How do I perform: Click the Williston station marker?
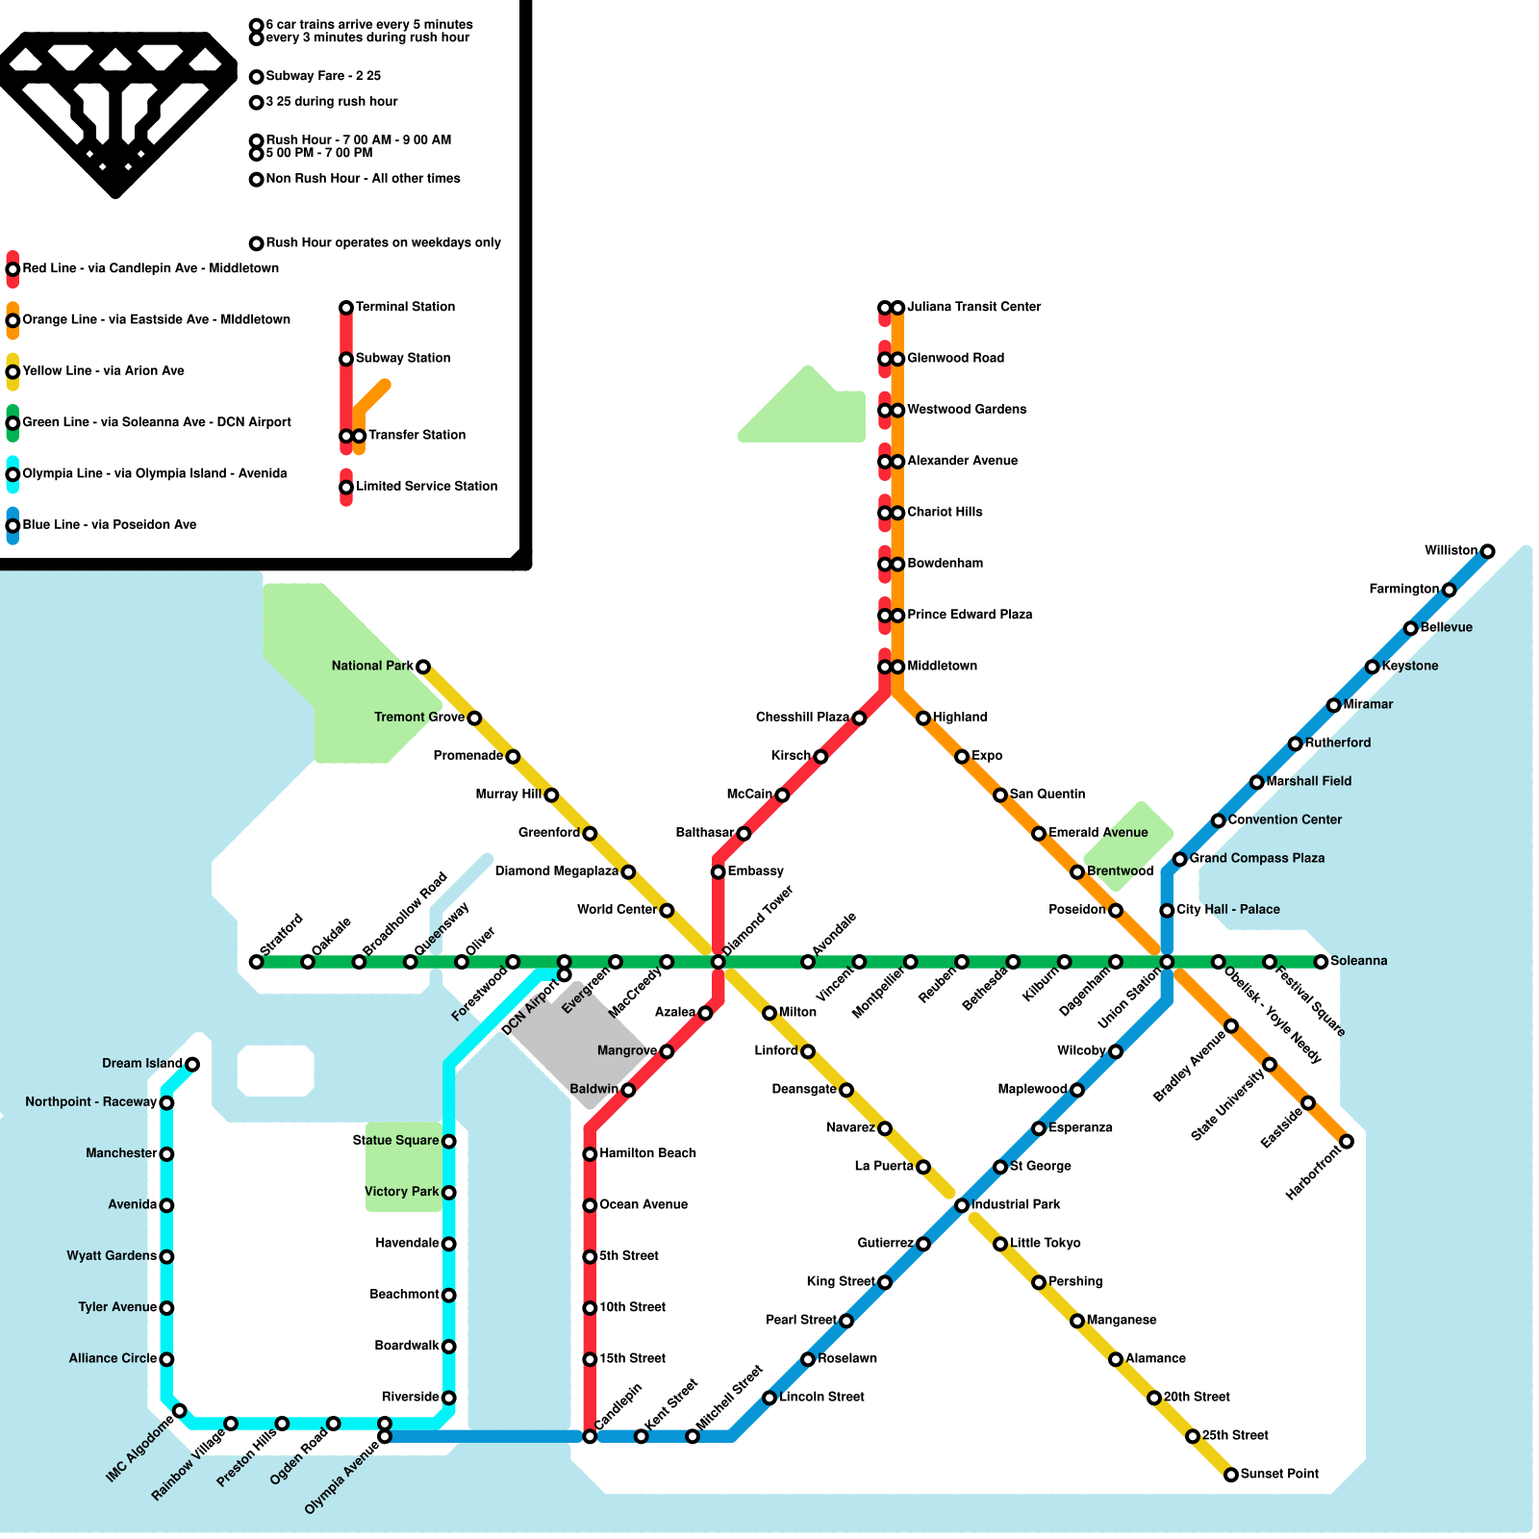1487,551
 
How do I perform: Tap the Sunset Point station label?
1279,1474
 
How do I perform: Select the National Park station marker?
422,667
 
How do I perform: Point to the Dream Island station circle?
192,1064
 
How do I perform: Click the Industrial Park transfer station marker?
962,1205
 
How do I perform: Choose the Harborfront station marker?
1347,1142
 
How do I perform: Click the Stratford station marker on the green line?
256,962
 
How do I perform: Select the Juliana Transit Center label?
973,307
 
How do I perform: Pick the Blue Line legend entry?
109,525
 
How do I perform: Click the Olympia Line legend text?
154,473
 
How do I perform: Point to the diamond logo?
116,111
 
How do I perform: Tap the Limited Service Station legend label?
426,487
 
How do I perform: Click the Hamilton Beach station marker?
590,1154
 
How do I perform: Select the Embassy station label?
755,871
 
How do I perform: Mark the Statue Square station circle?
448,1142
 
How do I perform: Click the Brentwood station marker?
1077,872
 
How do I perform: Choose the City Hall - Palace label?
1227,910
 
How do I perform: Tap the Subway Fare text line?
323,76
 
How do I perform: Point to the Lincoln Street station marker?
769,1398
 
